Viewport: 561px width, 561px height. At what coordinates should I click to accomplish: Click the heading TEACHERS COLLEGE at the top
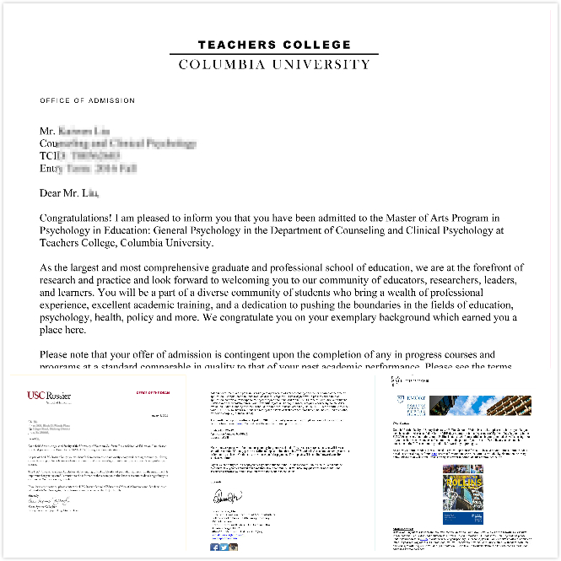click(x=274, y=45)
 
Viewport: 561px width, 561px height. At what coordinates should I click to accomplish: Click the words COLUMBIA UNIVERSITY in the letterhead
click(x=274, y=64)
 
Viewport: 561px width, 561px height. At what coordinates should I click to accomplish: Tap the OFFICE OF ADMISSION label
click(x=87, y=100)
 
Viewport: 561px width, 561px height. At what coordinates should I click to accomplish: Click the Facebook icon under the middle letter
click(x=215, y=547)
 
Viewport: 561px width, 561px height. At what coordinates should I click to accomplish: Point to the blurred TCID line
click(x=80, y=156)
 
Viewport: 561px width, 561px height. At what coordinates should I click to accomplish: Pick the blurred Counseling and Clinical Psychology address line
click(x=118, y=143)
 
